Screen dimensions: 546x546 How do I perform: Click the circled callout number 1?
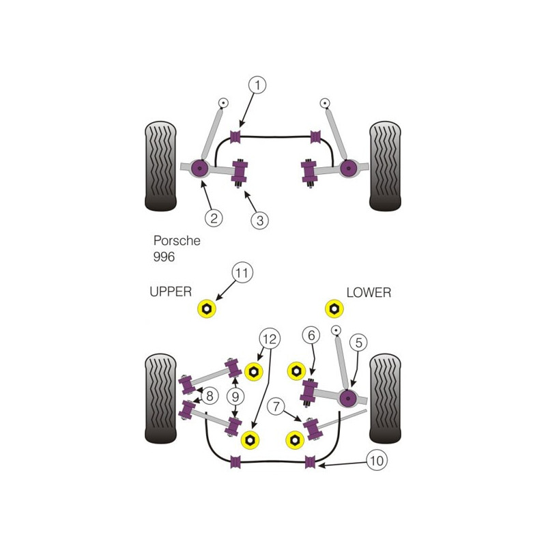pyautogui.click(x=257, y=85)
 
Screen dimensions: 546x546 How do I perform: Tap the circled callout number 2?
pyautogui.click(x=214, y=218)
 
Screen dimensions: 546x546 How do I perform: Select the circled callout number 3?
pyautogui.click(x=260, y=220)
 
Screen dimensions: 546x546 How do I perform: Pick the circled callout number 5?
pyautogui.click(x=359, y=343)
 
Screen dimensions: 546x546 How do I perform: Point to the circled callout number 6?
pyautogui.click(x=311, y=335)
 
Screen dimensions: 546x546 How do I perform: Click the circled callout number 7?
pyautogui.click(x=276, y=406)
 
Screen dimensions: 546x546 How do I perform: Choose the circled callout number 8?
pyautogui.click(x=210, y=396)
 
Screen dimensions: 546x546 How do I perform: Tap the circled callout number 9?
pyautogui.click(x=235, y=397)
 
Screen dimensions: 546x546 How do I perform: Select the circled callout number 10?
pyautogui.click(x=377, y=461)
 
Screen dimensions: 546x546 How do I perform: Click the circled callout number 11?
pyautogui.click(x=242, y=272)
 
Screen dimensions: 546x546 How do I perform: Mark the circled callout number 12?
pyautogui.click(x=270, y=339)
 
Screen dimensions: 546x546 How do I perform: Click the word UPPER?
pyautogui.click(x=171, y=292)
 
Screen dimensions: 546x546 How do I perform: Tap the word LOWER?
pyautogui.click(x=369, y=293)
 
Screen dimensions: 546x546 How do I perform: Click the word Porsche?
pyautogui.click(x=177, y=241)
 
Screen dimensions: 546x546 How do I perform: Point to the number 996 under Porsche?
pyautogui.click(x=164, y=257)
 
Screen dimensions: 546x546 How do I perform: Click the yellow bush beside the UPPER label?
pyautogui.click(x=207, y=308)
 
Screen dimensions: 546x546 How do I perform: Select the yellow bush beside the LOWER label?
pyautogui.click(x=334, y=308)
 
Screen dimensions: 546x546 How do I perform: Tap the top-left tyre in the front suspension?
pyautogui.click(x=160, y=167)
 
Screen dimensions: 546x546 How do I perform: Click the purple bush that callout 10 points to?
pyautogui.click(x=310, y=462)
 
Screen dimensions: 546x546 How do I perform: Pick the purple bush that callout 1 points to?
pyautogui.click(x=235, y=136)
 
